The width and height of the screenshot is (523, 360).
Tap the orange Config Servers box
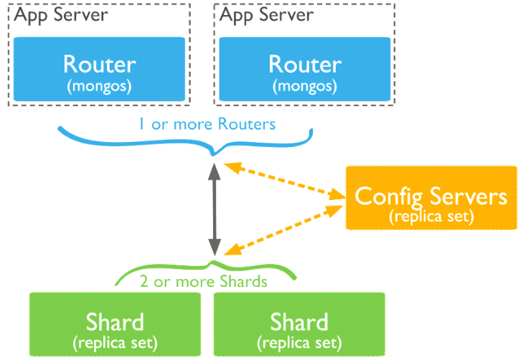pos(431,198)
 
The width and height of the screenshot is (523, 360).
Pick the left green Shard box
pos(115,324)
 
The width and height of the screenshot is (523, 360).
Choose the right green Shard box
pos(299,324)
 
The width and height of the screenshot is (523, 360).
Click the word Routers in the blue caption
pos(248,124)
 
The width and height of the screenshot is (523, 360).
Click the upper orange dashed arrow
pos(283,180)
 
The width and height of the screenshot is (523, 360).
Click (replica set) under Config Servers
pos(431,215)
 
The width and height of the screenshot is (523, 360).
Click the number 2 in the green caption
pos(144,281)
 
